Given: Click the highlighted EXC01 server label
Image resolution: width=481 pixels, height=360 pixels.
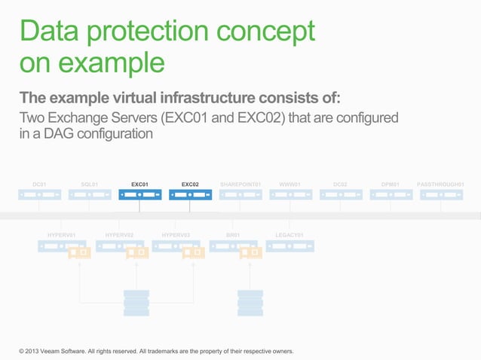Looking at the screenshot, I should coord(139,184).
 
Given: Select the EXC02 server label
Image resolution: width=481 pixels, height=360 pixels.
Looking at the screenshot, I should coord(190,184).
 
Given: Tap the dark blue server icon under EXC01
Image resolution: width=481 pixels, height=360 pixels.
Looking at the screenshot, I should coord(139,195).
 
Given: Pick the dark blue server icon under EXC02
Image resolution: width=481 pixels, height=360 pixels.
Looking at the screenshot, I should coord(190,195).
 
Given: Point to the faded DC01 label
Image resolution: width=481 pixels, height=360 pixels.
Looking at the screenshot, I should coord(39,184).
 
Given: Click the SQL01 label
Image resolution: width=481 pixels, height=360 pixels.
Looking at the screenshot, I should coord(89,184).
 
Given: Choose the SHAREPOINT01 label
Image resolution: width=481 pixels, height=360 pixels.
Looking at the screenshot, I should coord(240,184).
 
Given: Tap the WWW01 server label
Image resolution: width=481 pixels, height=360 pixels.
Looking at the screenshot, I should coord(290,184).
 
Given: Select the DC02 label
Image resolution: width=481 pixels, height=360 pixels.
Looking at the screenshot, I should coord(340,184).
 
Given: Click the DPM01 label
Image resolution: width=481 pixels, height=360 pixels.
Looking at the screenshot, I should coord(391,184).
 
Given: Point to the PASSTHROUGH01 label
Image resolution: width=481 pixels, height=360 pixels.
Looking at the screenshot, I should coord(440,184).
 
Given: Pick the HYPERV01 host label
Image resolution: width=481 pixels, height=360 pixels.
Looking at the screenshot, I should coord(61,235).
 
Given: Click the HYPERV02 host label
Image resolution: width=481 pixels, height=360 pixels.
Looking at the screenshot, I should coord(119,235).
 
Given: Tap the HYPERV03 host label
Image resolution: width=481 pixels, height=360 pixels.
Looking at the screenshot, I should coord(176,235).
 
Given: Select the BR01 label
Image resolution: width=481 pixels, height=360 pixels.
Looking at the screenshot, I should coord(233,235).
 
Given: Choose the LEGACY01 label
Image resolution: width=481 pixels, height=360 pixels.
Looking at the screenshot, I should coord(290,235).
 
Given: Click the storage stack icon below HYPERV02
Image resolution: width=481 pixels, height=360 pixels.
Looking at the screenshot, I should coord(136,303).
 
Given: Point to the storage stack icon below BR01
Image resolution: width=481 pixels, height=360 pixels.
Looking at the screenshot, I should coord(250,303).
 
